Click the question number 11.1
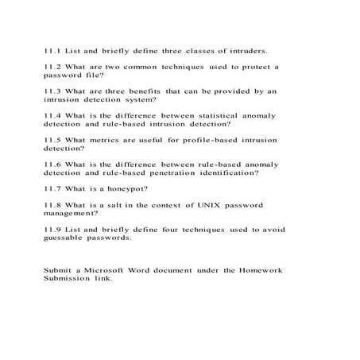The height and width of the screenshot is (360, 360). [52, 49]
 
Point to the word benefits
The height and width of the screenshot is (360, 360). [149, 91]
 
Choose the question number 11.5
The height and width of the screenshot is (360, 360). [52, 140]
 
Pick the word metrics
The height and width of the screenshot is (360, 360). [103, 140]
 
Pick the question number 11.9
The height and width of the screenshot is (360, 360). [52, 230]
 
